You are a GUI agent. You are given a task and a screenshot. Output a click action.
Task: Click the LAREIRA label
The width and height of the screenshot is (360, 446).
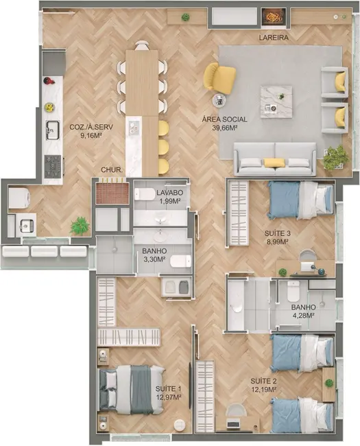coord(273,38)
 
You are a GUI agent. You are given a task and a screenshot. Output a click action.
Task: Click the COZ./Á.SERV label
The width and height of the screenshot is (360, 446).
coord(87,127)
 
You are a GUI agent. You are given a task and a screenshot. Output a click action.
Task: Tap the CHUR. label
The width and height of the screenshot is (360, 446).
coord(111,169)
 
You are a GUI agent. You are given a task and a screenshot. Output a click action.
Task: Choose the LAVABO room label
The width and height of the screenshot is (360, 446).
coord(167,193)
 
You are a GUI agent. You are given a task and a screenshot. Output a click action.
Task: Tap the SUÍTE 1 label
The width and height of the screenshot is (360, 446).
coord(168,388)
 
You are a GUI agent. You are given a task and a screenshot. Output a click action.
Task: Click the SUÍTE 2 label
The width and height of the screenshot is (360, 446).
coord(263,381)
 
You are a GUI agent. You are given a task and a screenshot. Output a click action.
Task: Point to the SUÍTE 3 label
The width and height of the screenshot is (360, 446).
coord(278,233)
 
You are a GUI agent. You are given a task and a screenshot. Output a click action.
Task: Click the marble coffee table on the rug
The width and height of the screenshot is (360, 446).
coord(276,102)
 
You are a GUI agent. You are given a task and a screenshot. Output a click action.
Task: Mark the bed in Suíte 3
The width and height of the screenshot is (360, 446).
coord(299,199)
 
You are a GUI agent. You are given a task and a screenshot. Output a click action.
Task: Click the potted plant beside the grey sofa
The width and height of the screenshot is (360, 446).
coord(335,158)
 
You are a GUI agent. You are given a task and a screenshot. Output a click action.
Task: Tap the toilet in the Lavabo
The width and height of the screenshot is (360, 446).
coord(145,194)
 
